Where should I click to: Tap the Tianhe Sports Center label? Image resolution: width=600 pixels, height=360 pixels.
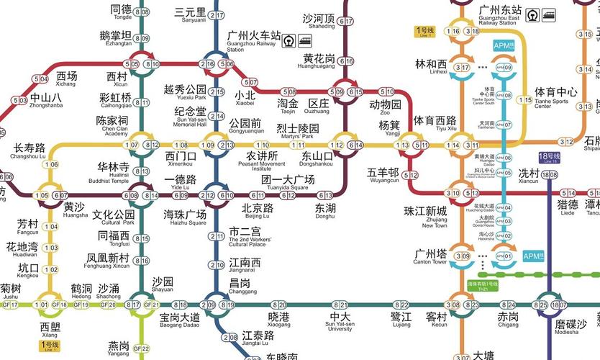pos(555,96)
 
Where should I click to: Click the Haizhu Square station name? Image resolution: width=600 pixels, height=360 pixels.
pos(185,217)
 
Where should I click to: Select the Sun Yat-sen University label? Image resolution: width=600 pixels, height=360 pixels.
pos(340,320)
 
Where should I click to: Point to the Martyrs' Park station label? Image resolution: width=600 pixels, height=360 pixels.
pos(298,132)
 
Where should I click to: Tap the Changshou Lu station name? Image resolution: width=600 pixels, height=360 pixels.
pos(29,151)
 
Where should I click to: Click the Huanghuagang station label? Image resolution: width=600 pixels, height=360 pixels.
pos(319,62)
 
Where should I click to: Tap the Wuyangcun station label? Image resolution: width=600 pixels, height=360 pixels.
pos(383,176)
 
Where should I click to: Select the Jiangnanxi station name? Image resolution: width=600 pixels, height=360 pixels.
pos(245,265)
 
